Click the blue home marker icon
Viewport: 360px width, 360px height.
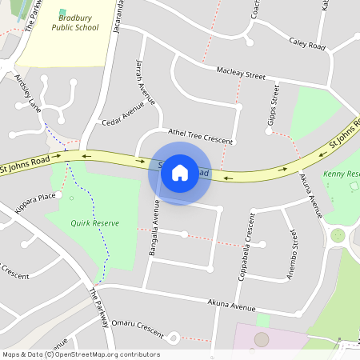pos(180,171)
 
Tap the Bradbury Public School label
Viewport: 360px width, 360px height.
pos(75,22)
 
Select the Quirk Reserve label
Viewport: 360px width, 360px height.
pos(94,223)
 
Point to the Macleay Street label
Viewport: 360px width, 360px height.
pos(240,74)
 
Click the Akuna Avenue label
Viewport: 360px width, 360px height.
pos(231,306)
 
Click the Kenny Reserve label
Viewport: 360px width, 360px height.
pos(342,174)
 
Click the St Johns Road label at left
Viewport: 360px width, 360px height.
pos(25,165)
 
